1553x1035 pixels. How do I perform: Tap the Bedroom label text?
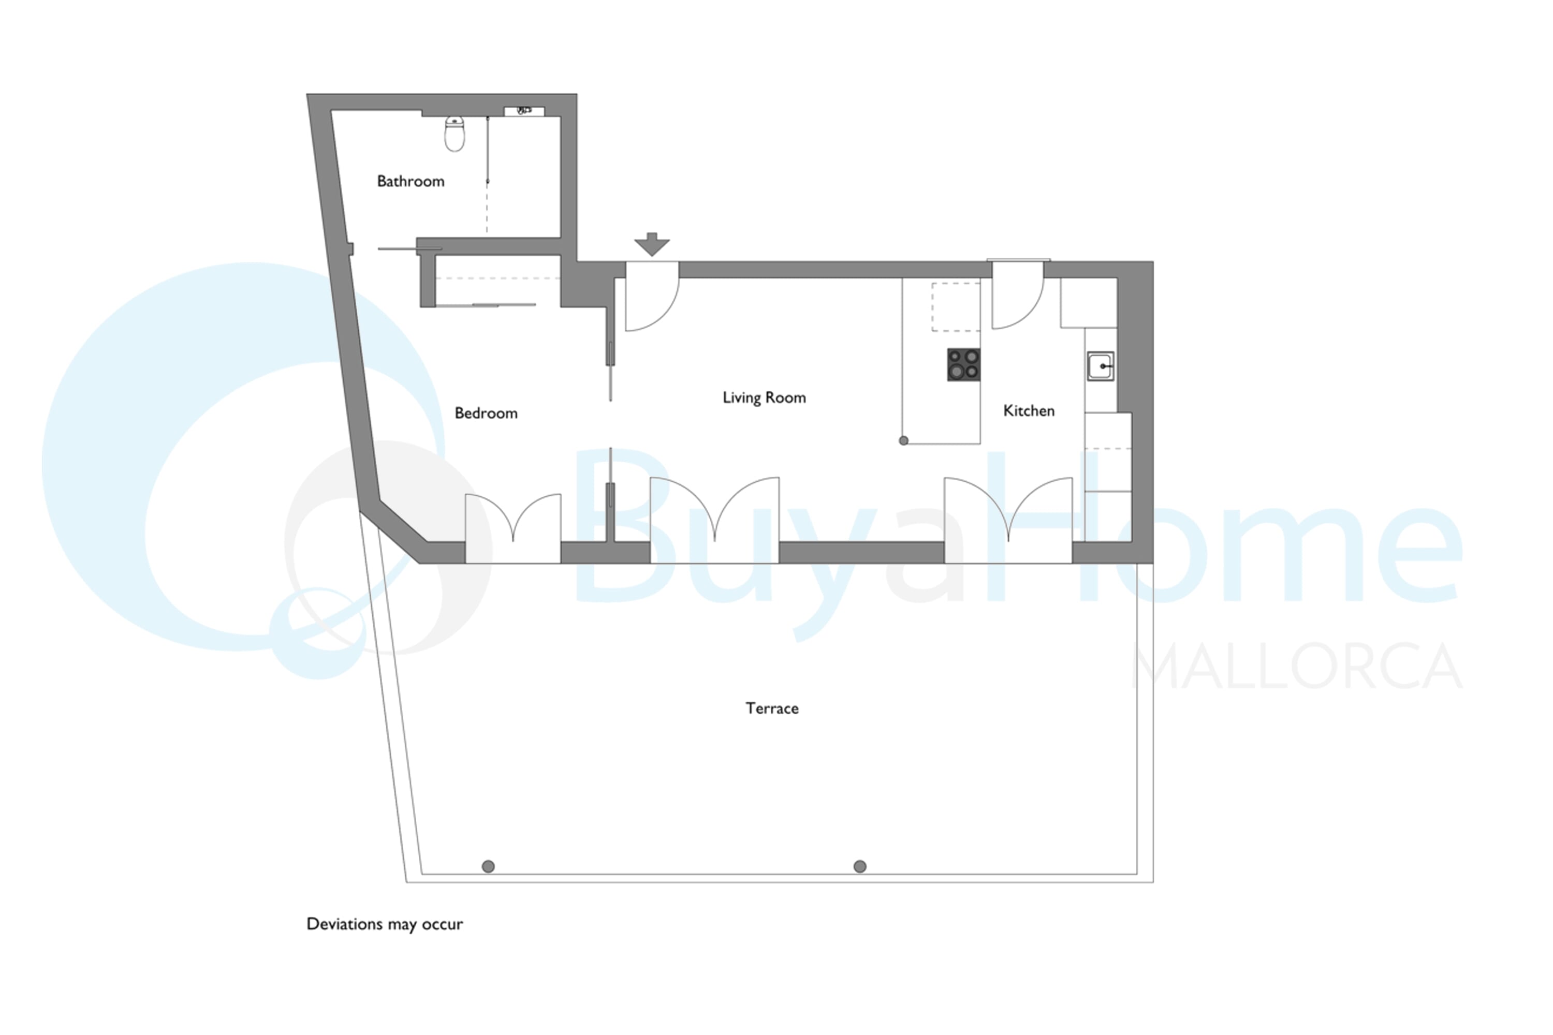tap(486, 413)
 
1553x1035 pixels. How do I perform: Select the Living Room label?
tap(764, 398)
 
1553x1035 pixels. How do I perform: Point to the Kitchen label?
tap(1029, 410)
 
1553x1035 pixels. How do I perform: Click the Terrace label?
tap(772, 708)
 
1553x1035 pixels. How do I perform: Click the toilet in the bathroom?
tap(455, 134)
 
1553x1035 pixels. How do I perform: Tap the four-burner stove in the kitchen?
tap(963, 365)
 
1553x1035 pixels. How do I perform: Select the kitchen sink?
tap(1101, 366)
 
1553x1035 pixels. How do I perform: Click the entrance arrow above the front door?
tap(652, 244)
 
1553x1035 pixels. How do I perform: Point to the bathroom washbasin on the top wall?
tap(524, 111)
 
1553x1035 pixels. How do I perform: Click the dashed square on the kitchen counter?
tap(956, 307)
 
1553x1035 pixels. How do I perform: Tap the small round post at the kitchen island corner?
tap(903, 440)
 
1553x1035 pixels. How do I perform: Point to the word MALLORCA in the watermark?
tap(1297, 666)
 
